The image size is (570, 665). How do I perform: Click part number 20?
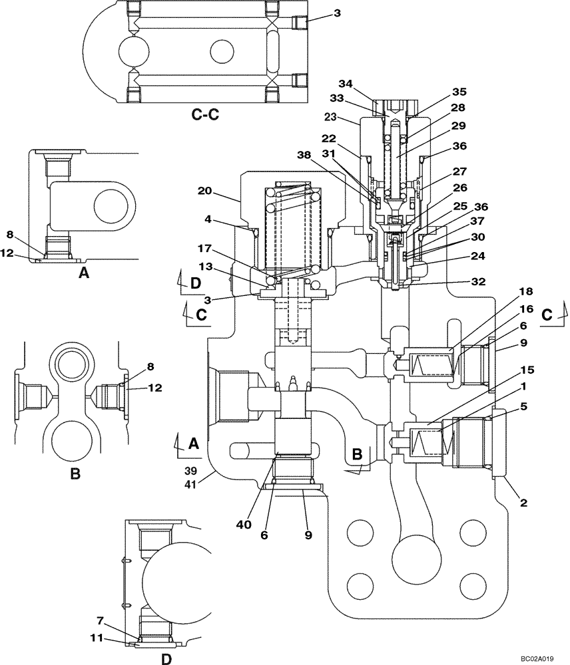[x=205, y=190]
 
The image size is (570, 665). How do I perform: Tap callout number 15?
[x=507, y=369]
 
